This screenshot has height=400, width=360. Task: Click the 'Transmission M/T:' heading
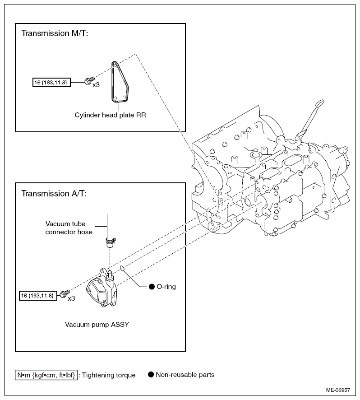[55, 33]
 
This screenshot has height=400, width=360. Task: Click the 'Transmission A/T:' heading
[54, 193]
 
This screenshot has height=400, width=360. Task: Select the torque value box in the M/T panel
[51, 83]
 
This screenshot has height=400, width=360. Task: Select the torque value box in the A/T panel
[38, 296]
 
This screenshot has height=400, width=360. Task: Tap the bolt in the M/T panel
[89, 81]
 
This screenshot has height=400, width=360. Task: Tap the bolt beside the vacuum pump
[65, 294]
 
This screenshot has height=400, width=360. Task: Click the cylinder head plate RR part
[119, 82]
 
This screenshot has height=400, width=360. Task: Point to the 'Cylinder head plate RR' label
[110, 115]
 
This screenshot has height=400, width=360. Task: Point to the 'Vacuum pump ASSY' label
[97, 325]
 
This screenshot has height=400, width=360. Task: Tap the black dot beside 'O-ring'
[152, 287]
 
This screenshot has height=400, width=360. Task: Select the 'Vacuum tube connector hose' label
[69, 228]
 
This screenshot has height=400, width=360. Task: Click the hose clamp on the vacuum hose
[111, 240]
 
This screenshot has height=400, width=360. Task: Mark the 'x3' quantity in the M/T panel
[96, 85]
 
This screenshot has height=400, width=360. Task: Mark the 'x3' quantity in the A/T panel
[71, 298]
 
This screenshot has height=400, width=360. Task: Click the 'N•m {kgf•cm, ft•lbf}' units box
[46, 375]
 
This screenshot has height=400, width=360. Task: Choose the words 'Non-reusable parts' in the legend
[185, 374]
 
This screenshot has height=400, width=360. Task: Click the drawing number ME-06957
[338, 390]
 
